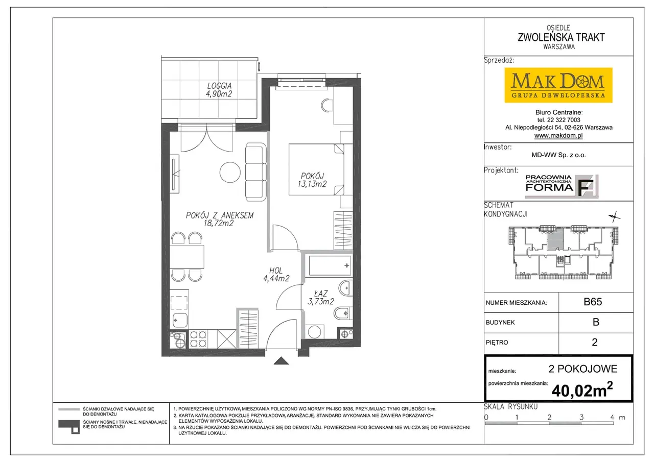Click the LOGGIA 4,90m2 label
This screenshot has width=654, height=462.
point(219,90)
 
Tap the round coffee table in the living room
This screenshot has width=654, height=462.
point(230,173)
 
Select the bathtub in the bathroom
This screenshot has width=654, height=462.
point(330,265)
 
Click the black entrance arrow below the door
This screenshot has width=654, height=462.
point(281,361)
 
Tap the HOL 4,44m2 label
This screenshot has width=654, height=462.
point(276,275)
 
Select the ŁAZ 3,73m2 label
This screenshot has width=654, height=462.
point(320,298)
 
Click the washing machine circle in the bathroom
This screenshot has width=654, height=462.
point(314,332)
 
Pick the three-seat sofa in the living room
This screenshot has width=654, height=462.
point(256,172)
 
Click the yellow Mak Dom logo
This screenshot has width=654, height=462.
point(558,85)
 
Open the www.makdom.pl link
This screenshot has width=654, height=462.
point(558,135)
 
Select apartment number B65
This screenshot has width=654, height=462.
point(593,302)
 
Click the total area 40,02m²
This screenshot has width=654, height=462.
point(582,390)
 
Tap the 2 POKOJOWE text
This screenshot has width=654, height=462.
point(583,369)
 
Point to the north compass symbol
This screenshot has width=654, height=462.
point(614,217)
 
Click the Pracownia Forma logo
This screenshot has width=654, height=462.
point(562,186)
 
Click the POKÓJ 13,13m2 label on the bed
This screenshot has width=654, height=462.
point(312,180)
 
